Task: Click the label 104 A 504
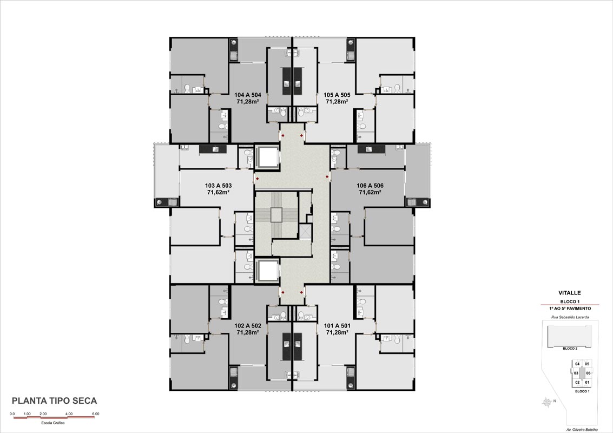(247, 95)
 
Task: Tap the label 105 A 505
(337, 95)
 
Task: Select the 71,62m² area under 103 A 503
(218, 192)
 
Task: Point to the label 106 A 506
(370, 186)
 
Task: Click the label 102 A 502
(247, 325)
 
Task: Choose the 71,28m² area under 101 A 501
(337, 332)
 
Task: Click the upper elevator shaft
(267, 157)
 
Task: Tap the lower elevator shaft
(267, 271)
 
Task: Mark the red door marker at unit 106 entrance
(327, 177)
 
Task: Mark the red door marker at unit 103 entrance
(257, 179)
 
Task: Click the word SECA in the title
(83, 401)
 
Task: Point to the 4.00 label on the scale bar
(69, 414)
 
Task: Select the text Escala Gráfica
(53, 423)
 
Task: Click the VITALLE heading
(570, 293)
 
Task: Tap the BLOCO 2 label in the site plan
(570, 348)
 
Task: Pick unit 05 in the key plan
(587, 364)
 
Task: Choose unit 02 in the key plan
(577, 382)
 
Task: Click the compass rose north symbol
(548, 402)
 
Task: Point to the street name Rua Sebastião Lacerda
(570, 317)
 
